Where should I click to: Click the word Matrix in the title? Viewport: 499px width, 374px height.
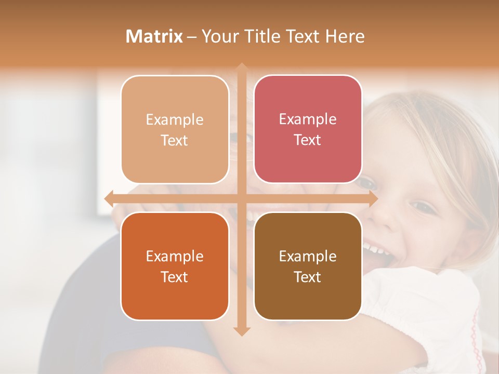click(154, 36)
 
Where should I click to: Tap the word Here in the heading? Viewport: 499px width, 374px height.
click(345, 36)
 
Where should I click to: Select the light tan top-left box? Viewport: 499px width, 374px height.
click(175, 129)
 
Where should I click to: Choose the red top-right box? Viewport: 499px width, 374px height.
click(308, 129)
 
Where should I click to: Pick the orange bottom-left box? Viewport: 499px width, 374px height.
click(175, 266)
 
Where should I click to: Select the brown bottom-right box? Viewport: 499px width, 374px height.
click(308, 266)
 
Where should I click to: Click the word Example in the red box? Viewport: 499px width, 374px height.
click(308, 119)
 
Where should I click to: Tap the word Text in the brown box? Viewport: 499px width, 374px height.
click(308, 277)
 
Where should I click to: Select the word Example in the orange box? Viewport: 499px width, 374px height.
click(175, 256)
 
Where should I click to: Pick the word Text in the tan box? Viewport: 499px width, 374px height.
click(175, 141)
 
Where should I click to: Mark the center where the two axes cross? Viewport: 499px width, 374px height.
click(241, 198)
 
